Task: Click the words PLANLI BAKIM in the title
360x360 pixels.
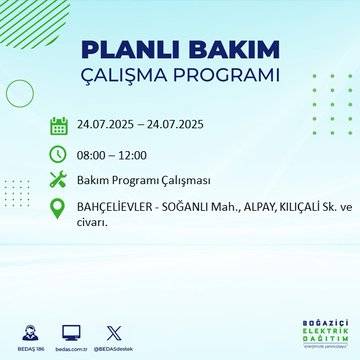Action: (180, 50)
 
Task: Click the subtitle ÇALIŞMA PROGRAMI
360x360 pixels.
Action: (180, 75)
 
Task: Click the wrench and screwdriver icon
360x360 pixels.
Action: (58, 180)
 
